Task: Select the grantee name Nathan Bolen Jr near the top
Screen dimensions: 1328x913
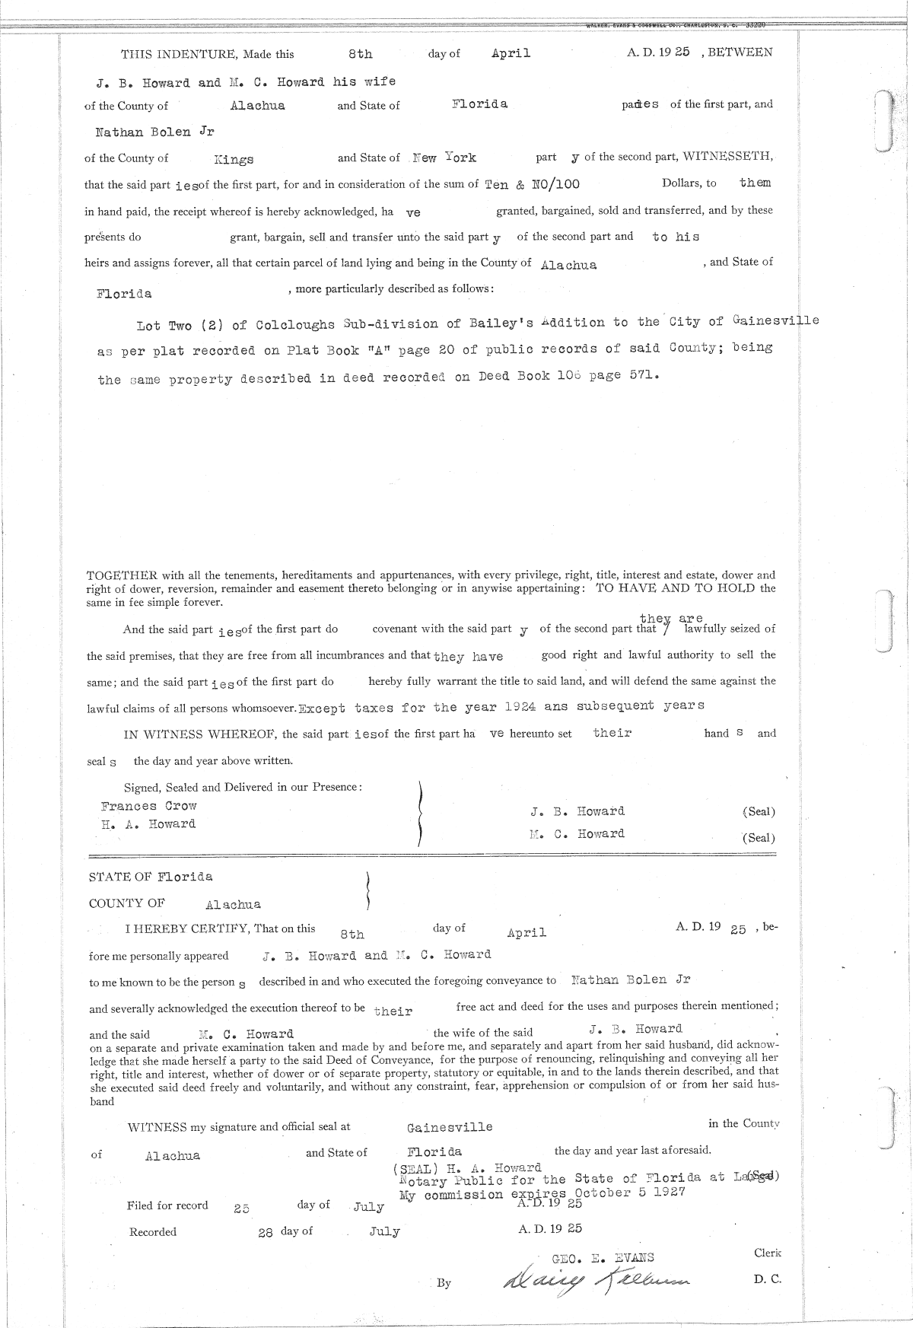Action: point(154,132)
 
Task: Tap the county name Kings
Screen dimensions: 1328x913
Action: point(234,160)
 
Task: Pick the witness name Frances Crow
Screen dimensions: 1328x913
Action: point(148,806)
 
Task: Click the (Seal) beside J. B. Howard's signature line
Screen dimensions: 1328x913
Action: point(759,812)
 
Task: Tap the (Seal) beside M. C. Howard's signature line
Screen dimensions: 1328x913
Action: point(759,838)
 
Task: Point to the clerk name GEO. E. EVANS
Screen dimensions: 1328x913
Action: point(603,1258)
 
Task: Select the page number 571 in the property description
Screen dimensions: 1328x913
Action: point(643,376)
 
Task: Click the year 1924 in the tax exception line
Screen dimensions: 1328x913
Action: point(520,706)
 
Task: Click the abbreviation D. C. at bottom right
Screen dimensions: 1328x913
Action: point(767,1280)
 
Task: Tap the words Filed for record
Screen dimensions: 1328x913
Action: point(167,1205)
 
